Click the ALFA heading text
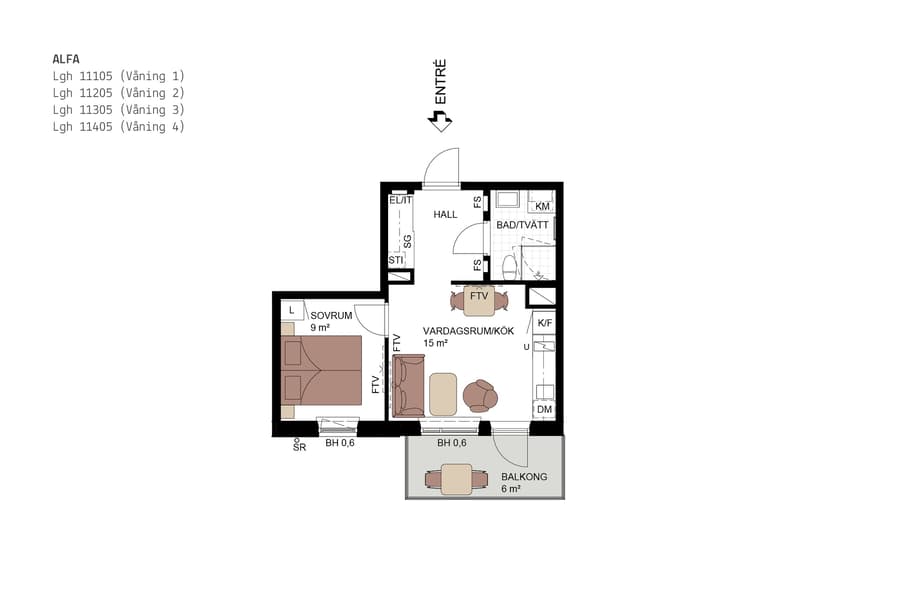[66, 59]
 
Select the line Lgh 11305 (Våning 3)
[118, 110]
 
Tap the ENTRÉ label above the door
[440, 82]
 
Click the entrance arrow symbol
[440, 121]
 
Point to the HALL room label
[445, 215]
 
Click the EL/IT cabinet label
[401, 200]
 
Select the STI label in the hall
[396, 260]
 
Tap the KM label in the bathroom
[542, 206]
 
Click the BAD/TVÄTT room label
[522, 226]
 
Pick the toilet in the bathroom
[509, 266]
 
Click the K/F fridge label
[544, 323]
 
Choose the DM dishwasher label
[544, 410]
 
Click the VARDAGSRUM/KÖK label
[468, 330]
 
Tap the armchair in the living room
[481, 396]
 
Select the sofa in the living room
[407, 386]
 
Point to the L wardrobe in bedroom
[291, 311]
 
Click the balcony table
[457, 480]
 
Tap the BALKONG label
[524, 477]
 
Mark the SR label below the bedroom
[298, 447]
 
